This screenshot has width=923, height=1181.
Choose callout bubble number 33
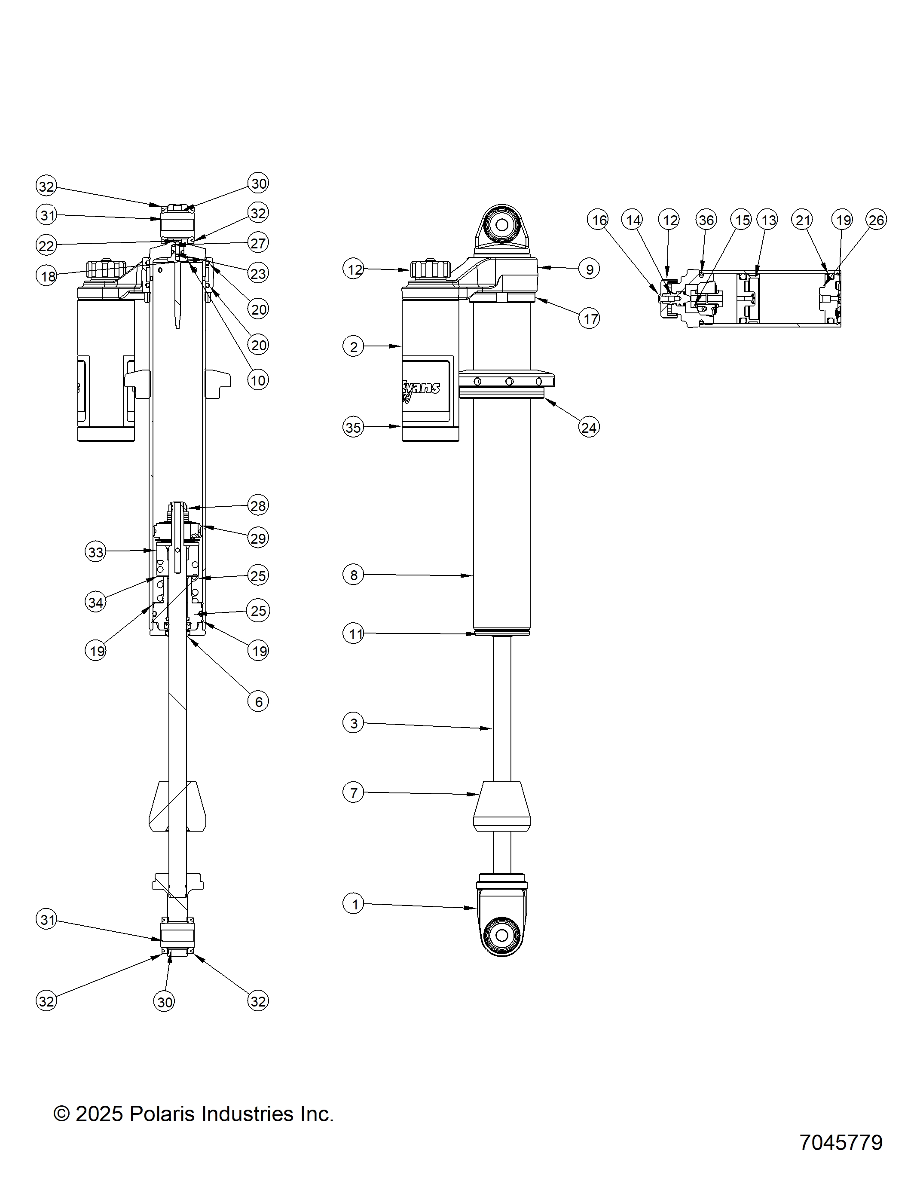coord(96,552)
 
